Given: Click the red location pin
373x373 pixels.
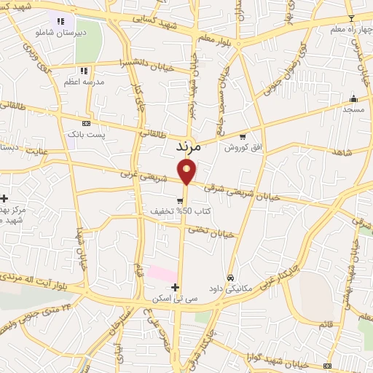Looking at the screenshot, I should (186, 173).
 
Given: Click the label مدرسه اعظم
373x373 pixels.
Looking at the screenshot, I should (81, 82).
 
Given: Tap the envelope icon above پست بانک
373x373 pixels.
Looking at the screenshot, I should (87, 124).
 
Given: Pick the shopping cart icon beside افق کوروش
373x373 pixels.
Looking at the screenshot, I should (243, 136).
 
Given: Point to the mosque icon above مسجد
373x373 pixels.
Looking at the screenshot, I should (354, 98).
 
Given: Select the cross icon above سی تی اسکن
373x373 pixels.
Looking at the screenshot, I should (175, 287).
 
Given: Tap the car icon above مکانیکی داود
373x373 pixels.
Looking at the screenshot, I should (229, 277).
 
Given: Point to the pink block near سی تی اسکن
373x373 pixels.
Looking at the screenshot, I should (162, 274).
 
